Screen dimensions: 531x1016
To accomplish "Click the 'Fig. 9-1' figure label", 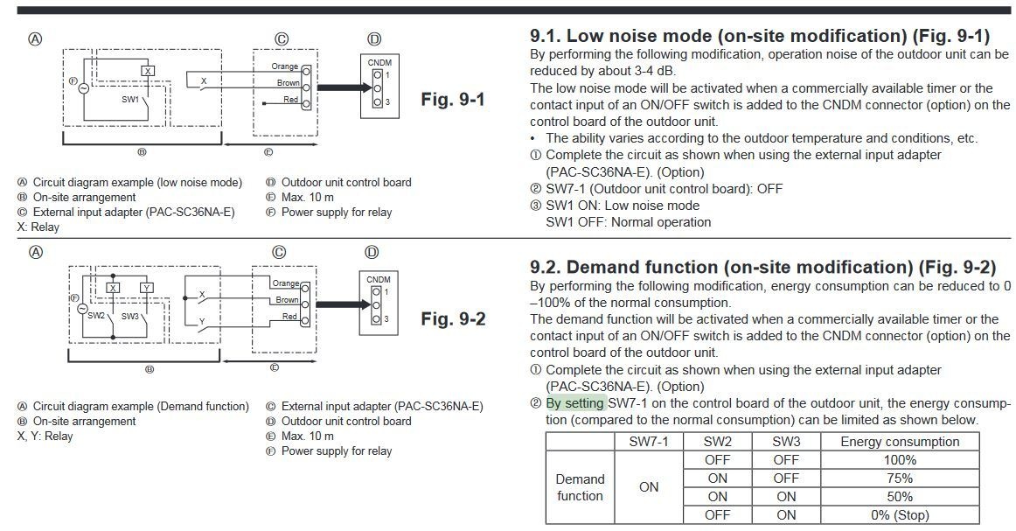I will point(453,99).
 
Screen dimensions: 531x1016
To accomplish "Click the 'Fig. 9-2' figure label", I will point(453,318).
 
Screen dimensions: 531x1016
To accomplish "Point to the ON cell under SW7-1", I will point(649,487).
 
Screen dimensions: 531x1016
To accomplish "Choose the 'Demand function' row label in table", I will point(581,487).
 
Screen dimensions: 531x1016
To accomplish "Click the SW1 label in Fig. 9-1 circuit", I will point(131,100).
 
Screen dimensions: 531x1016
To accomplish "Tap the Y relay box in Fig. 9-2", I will point(146,288).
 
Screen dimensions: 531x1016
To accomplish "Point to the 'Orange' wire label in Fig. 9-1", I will point(284,66).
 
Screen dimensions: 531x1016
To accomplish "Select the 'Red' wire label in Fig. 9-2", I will point(289,317).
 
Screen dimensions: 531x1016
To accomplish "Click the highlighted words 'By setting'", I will point(574,403).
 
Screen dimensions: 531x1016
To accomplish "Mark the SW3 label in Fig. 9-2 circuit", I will point(130,316).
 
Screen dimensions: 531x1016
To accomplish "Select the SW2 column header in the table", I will point(717,442).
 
